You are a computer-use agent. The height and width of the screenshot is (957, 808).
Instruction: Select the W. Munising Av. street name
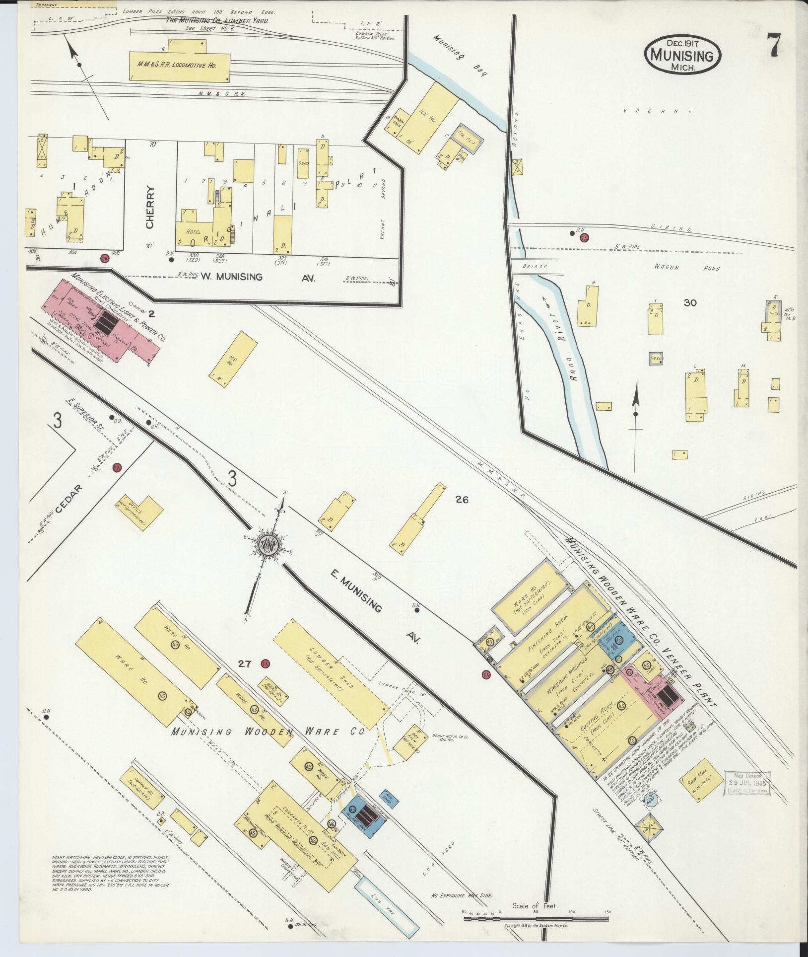tap(258, 278)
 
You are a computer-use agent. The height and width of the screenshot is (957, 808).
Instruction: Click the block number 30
tap(690, 302)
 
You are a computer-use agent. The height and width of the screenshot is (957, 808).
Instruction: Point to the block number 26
tap(462, 500)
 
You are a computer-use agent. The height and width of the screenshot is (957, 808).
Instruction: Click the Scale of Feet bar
tap(536, 919)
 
